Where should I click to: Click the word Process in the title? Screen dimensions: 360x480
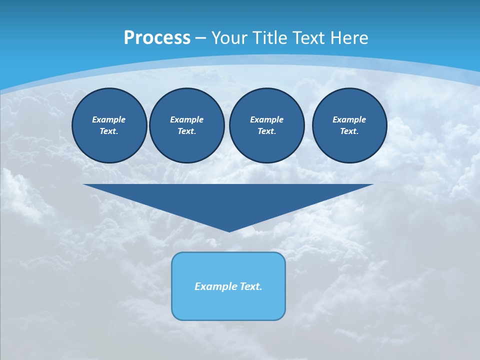tap(157, 38)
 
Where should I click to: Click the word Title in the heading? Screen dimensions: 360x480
tap(272, 38)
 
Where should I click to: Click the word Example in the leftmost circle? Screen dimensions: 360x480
tap(109, 119)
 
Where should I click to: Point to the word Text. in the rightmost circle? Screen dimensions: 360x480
tap(349, 131)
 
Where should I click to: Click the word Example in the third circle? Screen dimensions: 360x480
tap(267, 119)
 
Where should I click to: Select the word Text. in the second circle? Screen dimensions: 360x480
tap(187, 131)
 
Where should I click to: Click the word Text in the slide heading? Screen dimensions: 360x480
tap(308, 38)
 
